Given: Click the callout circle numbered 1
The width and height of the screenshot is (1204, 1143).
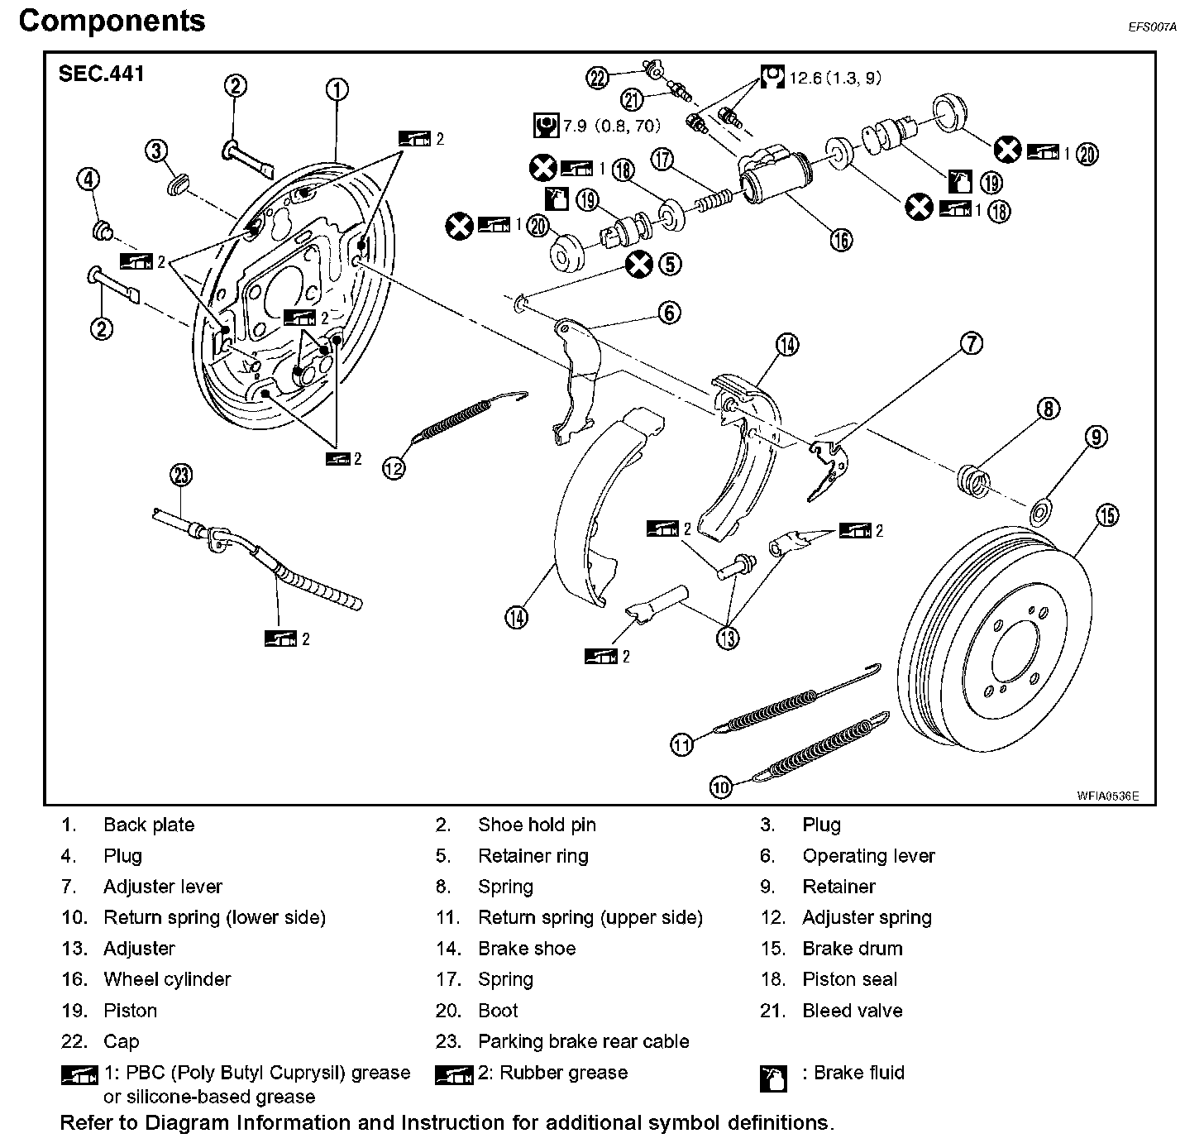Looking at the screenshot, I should click(x=337, y=89).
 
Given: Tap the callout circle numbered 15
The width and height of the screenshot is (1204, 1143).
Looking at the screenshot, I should click(x=1107, y=515).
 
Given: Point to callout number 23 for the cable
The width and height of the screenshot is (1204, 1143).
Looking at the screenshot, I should click(x=181, y=475).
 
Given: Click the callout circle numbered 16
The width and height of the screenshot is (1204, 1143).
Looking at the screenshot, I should click(x=840, y=240).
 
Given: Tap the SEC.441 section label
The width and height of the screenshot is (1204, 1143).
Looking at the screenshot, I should click(x=101, y=74).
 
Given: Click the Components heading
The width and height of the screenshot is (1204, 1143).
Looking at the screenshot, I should click(x=112, y=21).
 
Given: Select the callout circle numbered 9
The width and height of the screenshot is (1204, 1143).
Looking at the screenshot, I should click(x=1096, y=437).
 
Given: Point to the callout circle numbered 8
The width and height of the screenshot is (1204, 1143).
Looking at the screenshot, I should click(x=1048, y=409).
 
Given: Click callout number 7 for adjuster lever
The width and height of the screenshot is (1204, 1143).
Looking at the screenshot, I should click(x=971, y=342).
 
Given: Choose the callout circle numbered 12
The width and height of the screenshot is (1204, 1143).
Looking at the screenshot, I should click(x=394, y=468).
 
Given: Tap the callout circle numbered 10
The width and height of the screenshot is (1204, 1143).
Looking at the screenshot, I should click(x=721, y=787).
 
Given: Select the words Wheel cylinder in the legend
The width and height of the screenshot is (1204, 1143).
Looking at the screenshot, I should click(x=167, y=979).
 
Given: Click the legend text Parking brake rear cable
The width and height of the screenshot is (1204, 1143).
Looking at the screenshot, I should click(x=583, y=1041).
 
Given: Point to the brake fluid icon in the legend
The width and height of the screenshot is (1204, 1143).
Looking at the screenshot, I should click(x=772, y=1078).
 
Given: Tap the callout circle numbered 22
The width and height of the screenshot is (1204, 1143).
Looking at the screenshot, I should click(x=597, y=78).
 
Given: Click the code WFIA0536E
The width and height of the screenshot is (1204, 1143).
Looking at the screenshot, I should click(x=1107, y=796).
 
